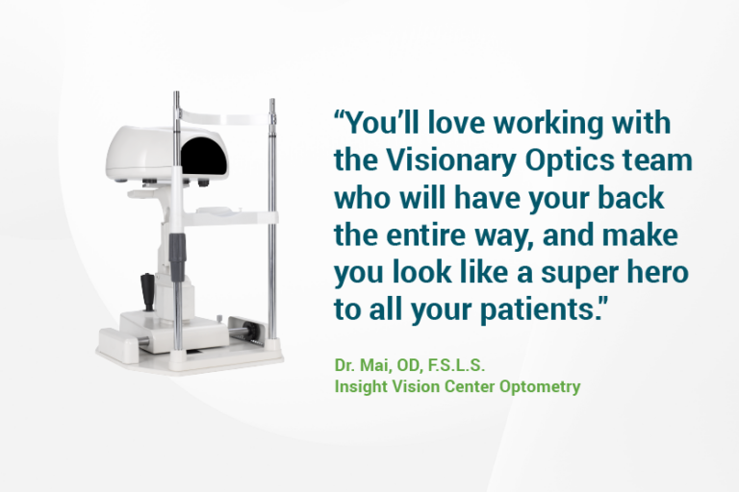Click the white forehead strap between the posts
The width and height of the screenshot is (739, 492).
(223, 112)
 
